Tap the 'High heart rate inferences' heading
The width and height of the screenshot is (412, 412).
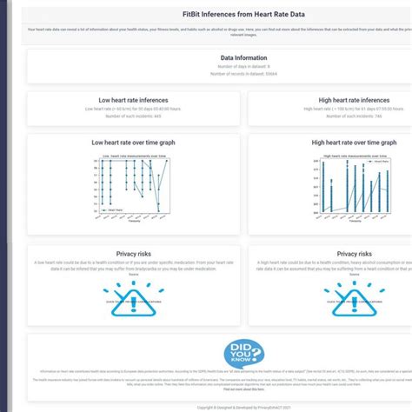click(353, 101)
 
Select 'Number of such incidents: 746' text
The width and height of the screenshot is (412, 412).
click(353, 116)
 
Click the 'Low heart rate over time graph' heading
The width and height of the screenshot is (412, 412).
click(134, 143)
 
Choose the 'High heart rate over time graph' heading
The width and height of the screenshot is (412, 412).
click(354, 143)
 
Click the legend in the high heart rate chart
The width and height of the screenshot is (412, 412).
click(378, 162)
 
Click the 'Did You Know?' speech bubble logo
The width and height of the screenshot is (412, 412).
click(243, 353)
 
